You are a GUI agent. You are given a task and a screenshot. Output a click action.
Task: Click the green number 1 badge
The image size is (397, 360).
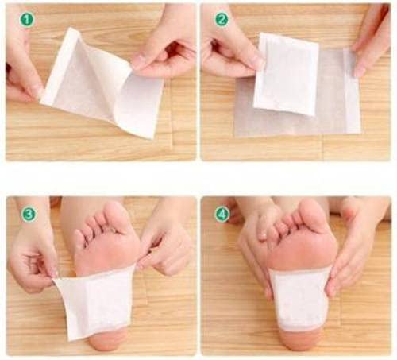click(x=27, y=19)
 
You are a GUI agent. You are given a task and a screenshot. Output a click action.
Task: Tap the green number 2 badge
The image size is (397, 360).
click(x=222, y=19)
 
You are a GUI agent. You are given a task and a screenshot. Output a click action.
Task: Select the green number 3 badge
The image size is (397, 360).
click(x=28, y=214)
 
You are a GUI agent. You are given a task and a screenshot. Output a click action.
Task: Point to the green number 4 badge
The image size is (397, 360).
click(x=222, y=214)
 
